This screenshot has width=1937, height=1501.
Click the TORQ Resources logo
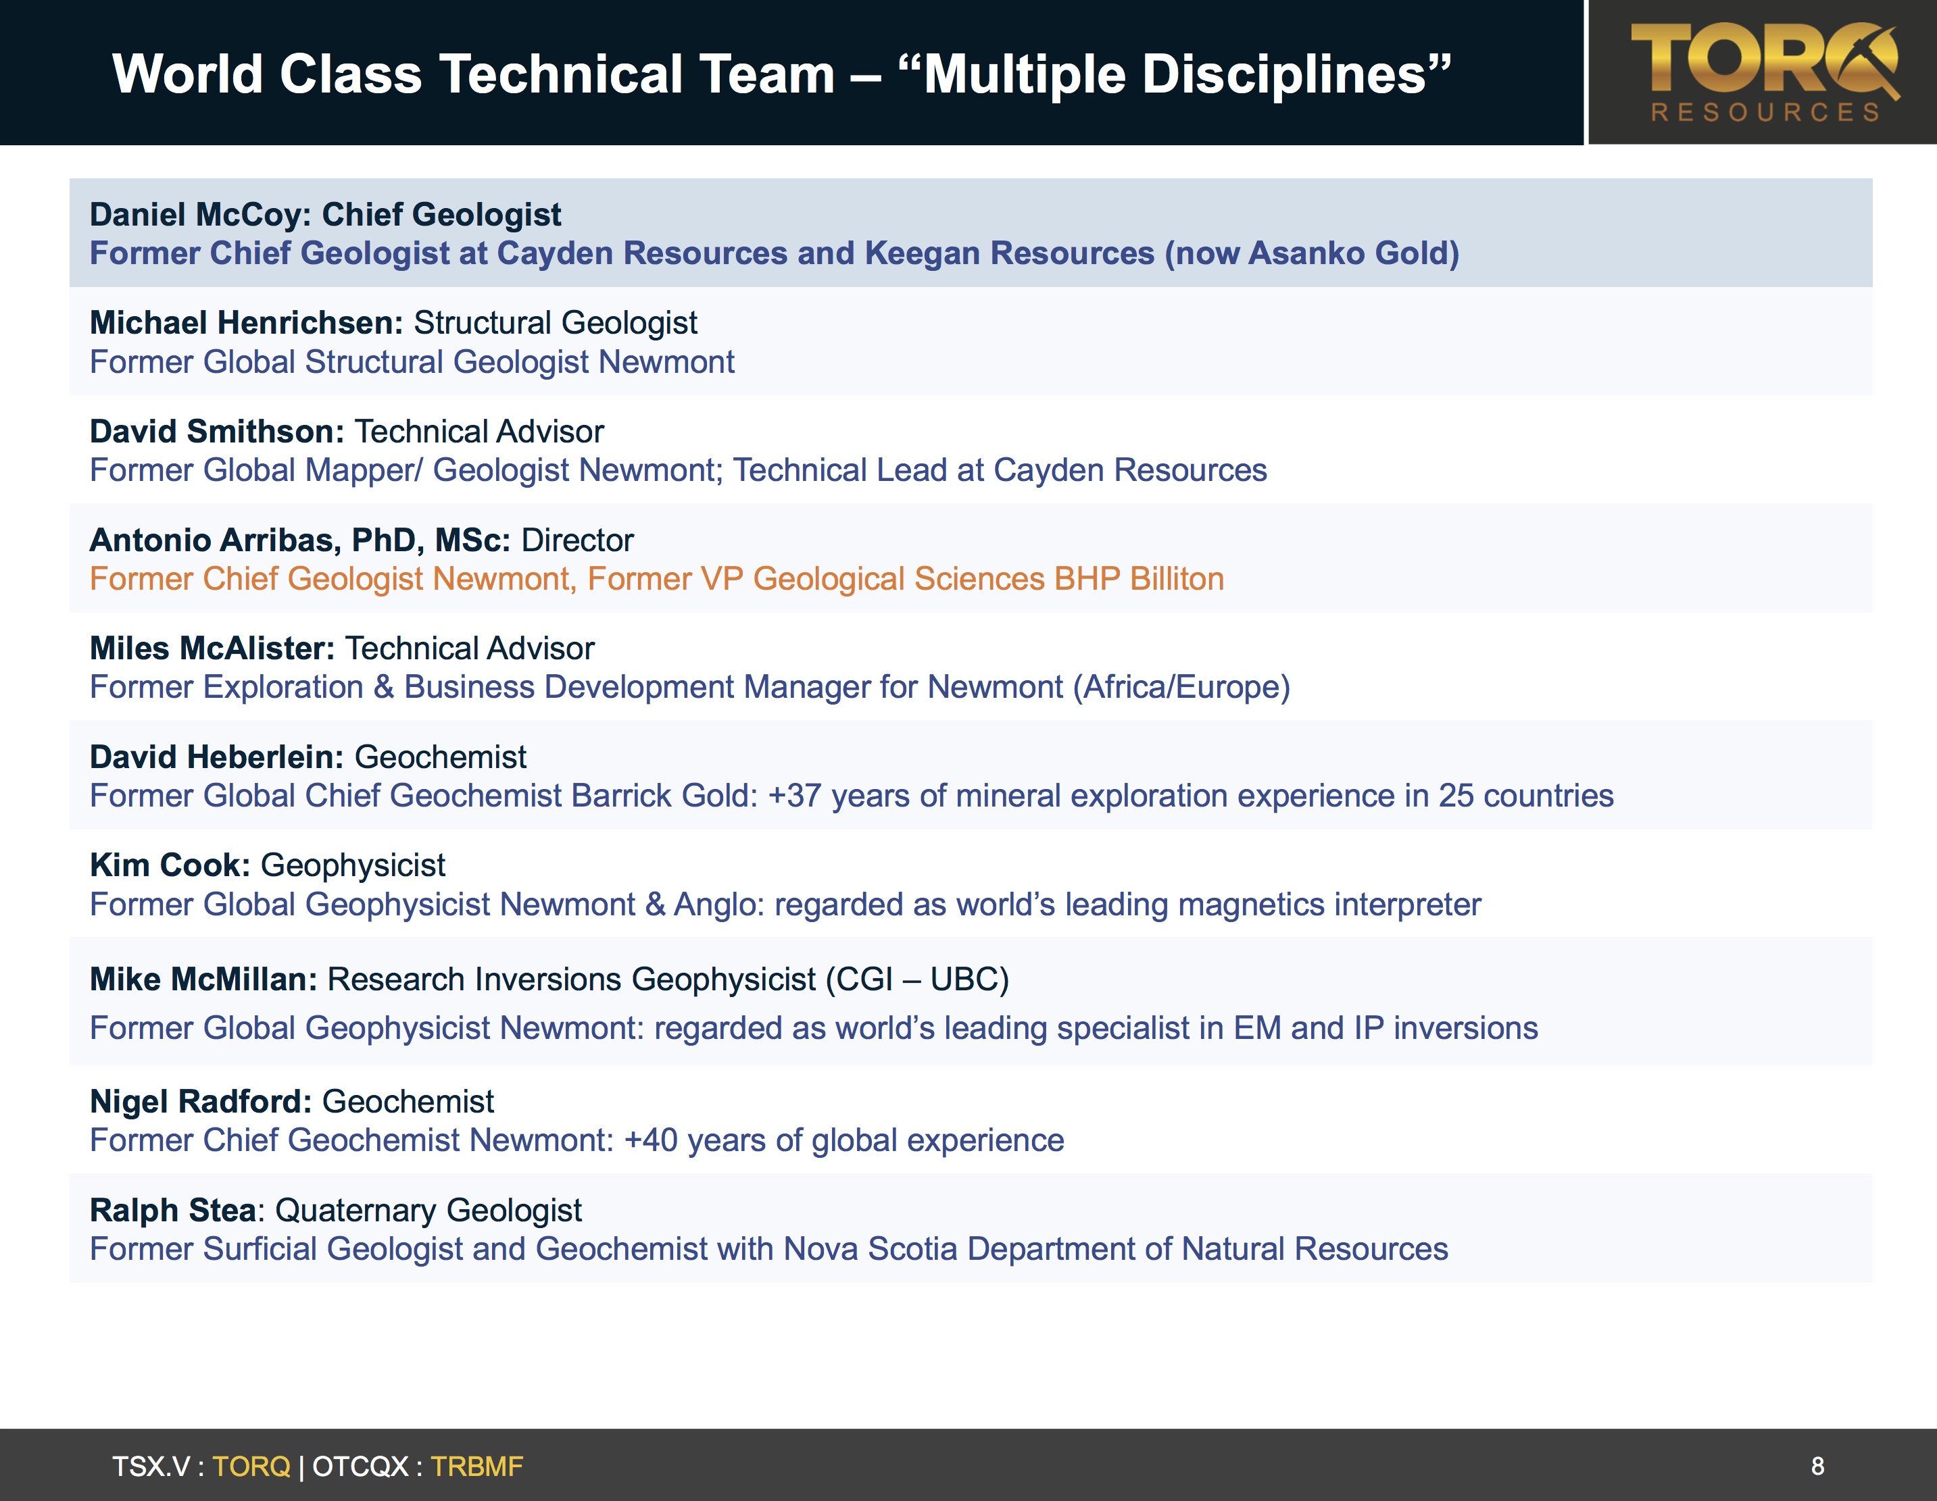pyautogui.click(x=1764, y=73)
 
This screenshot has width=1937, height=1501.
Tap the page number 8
pyautogui.click(x=1817, y=1467)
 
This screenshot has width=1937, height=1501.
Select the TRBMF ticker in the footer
pyautogui.click(x=477, y=1467)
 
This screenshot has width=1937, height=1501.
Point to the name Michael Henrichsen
pyautogui.click(x=241, y=323)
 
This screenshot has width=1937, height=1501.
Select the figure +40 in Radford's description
pyautogui.click(x=651, y=1140)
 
